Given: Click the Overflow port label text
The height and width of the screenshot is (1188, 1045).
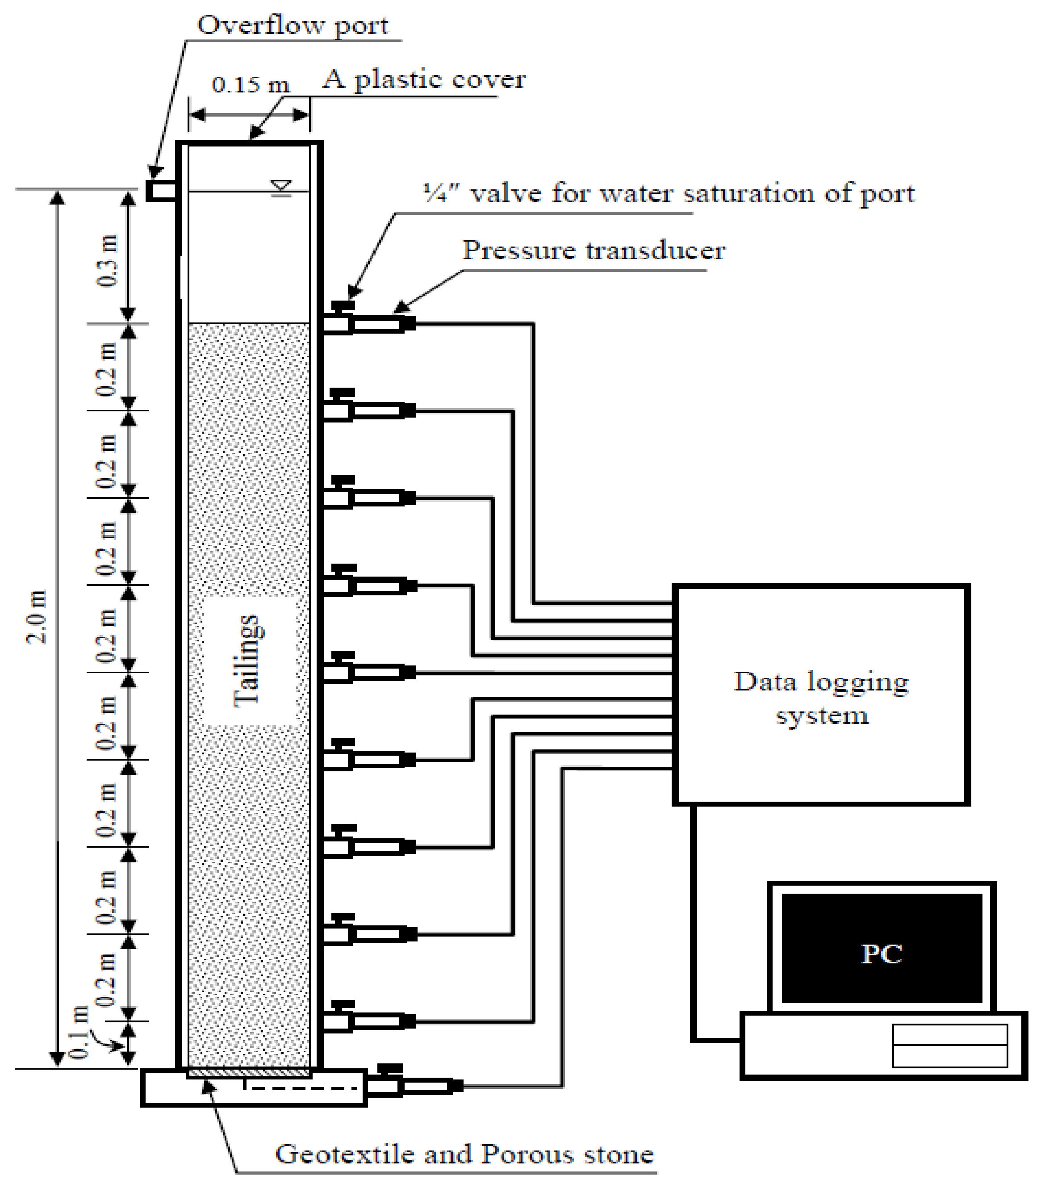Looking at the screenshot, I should (293, 25).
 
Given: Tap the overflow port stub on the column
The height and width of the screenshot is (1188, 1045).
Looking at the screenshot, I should (160, 191).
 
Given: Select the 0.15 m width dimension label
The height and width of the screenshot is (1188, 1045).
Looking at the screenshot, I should (250, 85).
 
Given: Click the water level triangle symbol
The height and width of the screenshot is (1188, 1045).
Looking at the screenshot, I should (281, 186).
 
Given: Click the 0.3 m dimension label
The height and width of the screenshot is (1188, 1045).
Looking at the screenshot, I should (109, 260).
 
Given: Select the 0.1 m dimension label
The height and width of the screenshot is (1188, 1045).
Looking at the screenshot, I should (79, 1032).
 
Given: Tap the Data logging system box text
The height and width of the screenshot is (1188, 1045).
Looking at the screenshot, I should (821, 698).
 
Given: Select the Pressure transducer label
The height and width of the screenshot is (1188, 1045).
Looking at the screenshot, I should (593, 251).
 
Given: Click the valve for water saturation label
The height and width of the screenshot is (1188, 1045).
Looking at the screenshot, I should (669, 193).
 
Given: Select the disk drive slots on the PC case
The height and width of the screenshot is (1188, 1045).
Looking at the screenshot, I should (949, 1046).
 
